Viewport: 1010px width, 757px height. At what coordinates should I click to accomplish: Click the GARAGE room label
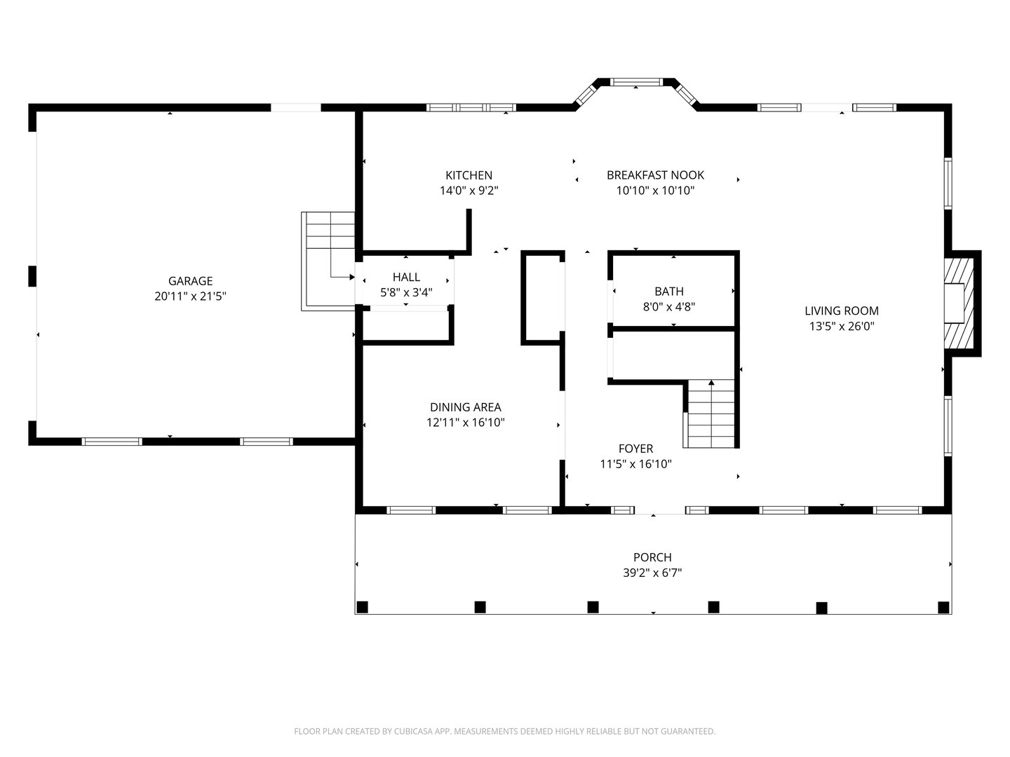190,281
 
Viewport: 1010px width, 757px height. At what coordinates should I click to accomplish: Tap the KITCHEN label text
469,175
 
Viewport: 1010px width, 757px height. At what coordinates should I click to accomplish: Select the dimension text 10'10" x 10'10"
655,191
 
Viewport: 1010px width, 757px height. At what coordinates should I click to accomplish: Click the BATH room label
668,291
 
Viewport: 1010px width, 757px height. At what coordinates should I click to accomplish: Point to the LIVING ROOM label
841,311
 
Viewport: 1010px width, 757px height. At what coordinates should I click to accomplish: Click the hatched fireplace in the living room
959,303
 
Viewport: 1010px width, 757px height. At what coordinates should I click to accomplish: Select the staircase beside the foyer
711,414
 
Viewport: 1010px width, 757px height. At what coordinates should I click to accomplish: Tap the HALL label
406,277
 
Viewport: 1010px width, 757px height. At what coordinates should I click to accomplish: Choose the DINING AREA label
465,407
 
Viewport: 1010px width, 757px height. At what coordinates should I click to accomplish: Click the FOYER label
635,449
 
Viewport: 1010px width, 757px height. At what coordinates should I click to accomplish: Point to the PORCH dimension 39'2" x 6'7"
652,573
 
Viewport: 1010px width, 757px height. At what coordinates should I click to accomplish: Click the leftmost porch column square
362,606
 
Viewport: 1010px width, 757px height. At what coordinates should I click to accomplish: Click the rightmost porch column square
943,607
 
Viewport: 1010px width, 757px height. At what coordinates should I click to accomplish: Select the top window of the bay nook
635,82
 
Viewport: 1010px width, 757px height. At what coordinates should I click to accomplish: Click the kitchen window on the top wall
471,107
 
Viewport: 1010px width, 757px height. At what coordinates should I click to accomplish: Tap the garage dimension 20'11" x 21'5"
190,296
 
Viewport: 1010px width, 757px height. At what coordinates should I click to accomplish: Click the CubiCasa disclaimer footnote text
504,731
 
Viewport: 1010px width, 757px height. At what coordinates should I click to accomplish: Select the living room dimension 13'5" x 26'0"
841,326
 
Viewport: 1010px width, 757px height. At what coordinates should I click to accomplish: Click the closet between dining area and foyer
542,298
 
